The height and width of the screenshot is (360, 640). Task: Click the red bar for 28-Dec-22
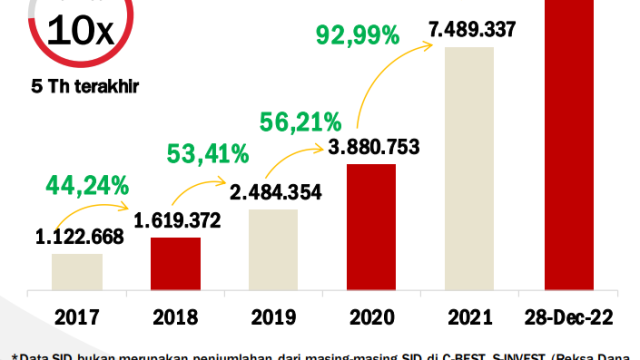(567, 150)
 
